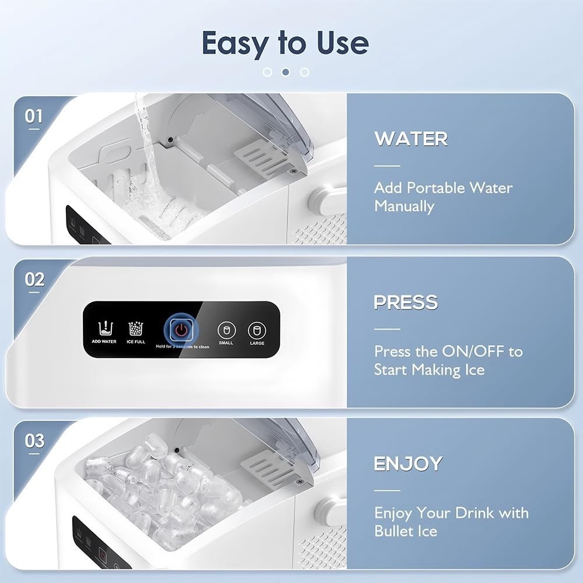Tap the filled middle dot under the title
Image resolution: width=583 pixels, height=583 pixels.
pos(286,72)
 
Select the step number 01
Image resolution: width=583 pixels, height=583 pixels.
pos(34,116)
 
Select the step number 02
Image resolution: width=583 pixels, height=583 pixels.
pos(34,279)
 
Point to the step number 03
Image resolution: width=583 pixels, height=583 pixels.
pos(34,441)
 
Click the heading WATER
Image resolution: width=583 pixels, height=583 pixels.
pos(411,139)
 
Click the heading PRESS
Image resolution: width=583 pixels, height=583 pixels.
pos(406,303)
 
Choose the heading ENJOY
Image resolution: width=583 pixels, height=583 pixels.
pos(408,464)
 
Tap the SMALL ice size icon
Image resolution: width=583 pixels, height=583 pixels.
pos(226,330)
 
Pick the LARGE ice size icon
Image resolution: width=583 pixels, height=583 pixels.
pos(257,330)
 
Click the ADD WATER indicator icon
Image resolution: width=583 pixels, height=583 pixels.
pos(104,328)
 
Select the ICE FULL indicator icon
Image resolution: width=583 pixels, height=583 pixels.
pos(136,328)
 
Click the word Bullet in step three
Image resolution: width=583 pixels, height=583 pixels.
pos(393,531)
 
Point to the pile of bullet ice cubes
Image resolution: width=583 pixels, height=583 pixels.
pos(157,490)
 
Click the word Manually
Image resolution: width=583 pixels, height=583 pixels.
pos(404,206)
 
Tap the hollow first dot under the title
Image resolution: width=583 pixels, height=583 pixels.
pos(268,72)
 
